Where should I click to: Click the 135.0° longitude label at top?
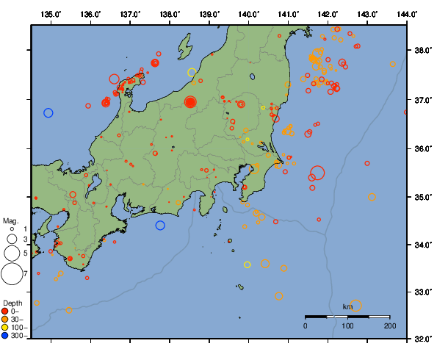pos(51,14)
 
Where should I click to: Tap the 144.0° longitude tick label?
pos(408,14)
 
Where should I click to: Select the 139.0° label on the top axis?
pos(209,14)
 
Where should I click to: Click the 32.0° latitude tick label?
pos(422,339)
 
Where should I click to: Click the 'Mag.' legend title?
pos(10,220)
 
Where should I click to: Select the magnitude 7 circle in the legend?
pos(11,274)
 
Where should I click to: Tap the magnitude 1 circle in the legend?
pos(11,229)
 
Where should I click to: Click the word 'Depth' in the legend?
pos(12,303)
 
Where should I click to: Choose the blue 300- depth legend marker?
pos(6,336)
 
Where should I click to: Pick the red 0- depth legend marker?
pos(6,311)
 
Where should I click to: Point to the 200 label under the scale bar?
pos(389,325)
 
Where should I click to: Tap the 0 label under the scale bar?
pos(306,325)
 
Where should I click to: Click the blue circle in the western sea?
pos(48,112)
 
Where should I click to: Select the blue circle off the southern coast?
pos(160,226)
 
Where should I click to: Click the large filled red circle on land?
pos(190,102)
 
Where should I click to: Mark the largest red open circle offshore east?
pos(317,173)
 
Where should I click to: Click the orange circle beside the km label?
pos(356,306)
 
